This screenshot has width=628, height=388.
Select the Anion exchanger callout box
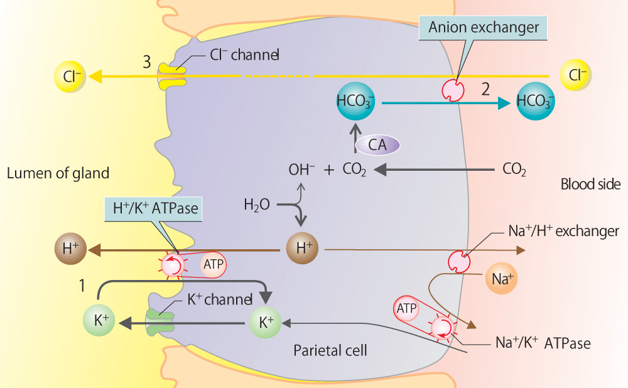[x=484, y=27]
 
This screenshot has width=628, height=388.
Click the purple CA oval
[x=377, y=145]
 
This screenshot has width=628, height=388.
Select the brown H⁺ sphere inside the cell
[x=304, y=249]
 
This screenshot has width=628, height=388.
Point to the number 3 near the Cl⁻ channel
[x=146, y=62]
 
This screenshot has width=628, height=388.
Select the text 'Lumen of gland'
[x=58, y=173]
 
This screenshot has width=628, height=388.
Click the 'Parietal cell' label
[x=330, y=350]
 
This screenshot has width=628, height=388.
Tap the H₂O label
[x=257, y=205]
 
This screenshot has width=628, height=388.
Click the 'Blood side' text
[x=590, y=185]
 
